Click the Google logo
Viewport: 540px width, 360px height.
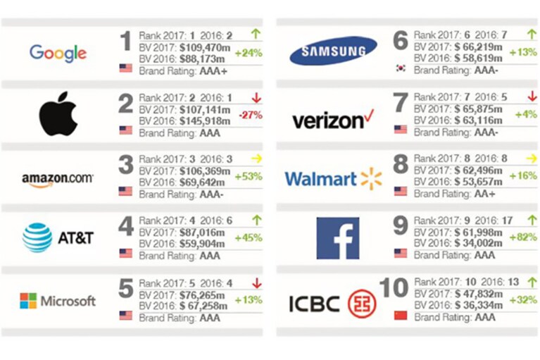click(58, 54)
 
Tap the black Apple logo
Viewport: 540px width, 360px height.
click(58, 113)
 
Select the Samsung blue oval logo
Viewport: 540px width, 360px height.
click(334, 51)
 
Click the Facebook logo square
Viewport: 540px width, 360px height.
click(338, 238)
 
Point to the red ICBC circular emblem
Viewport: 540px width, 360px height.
click(362, 304)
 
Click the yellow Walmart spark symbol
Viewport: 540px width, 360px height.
click(371, 179)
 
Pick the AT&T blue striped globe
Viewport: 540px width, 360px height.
click(37, 237)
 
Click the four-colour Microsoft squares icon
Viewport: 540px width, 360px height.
click(28, 301)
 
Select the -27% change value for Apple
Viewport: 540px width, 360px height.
click(251, 115)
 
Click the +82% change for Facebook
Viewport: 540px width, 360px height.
click(523, 237)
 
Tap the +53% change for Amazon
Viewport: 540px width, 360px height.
click(249, 176)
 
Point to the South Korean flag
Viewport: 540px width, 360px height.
click(401, 68)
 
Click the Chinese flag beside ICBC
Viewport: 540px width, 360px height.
click(401, 315)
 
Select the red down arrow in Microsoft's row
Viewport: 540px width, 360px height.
click(256, 283)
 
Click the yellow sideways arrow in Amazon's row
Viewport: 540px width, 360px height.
click(256, 159)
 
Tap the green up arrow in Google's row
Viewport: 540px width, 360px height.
click(256, 34)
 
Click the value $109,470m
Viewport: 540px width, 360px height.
click(205, 47)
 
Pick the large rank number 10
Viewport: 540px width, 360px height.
click(394, 287)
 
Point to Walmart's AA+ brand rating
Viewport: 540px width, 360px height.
click(485, 194)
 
